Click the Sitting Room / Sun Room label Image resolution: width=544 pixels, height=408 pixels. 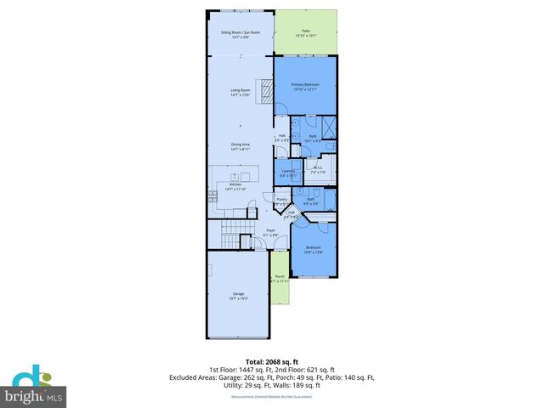pyautogui.click(x=241, y=35)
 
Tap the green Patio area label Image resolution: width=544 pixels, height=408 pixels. pyautogui.click(x=305, y=34)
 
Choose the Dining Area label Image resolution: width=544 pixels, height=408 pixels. pyautogui.click(x=241, y=146)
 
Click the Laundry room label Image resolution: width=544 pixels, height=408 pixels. pyautogui.click(x=287, y=173)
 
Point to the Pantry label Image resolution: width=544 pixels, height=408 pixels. pyautogui.click(x=281, y=201)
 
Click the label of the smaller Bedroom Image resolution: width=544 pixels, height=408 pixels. pyautogui.click(x=314, y=250)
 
